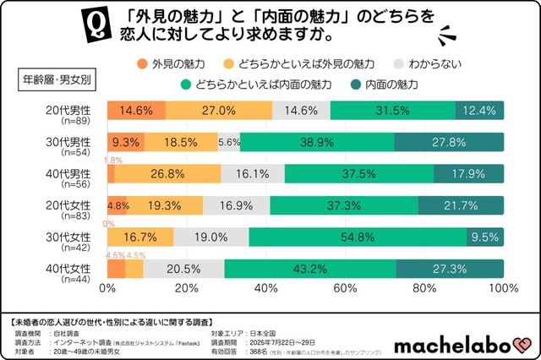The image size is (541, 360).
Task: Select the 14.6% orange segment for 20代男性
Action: [136, 112]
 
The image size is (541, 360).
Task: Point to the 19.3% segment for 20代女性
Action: [165, 205]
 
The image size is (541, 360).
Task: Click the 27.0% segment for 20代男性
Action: [219, 112]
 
